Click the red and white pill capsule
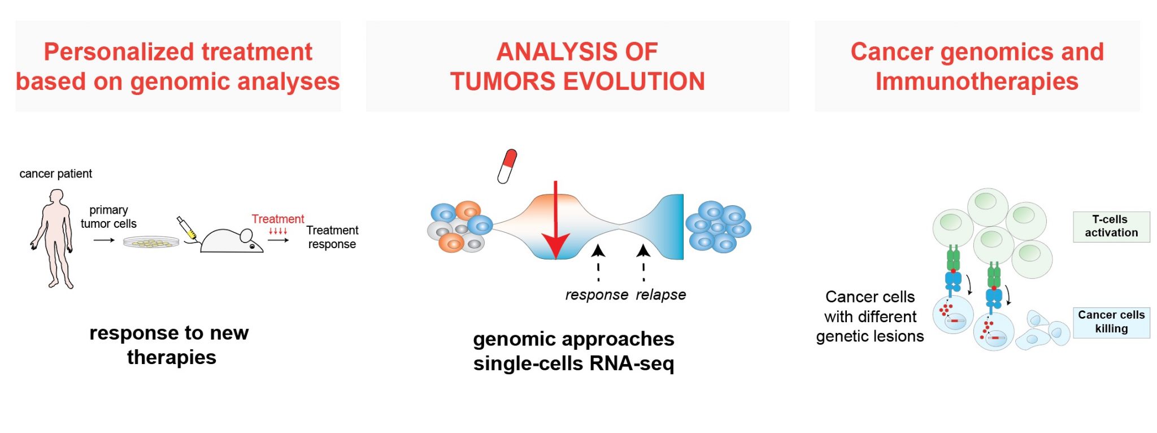coord(507,166)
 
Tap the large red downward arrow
coord(556,220)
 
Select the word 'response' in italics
coord(597,295)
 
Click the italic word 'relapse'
coord(660,295)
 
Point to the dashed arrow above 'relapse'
coord(643,262)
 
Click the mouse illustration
coord(232,240)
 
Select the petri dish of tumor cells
coord(151,242)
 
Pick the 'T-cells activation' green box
coord(1111,227)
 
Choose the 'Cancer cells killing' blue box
coord(1111,322)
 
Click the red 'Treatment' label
coord(277,219)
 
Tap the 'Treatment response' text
coord(332,237)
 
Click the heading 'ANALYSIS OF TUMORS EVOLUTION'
coord(577,67)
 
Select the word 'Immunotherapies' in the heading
coord(977,81)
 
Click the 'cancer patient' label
coord(55,174)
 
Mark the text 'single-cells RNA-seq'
coord(573,363)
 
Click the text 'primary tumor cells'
coord(108,217)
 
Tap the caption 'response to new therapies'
coord(169,345)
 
